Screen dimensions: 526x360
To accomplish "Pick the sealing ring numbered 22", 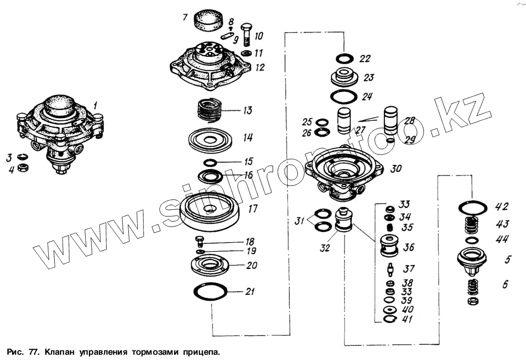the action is pos(345,58).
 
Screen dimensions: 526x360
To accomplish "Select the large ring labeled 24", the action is pos(344,97).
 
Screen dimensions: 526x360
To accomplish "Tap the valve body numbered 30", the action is pos(346,171).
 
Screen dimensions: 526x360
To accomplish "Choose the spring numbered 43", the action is pos(473,225).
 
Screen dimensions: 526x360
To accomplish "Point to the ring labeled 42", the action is pos(472,207).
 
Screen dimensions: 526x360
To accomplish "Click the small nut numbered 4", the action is pos(23,168).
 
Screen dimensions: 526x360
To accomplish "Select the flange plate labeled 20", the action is pos(209,264).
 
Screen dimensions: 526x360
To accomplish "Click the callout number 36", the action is pos(408,246).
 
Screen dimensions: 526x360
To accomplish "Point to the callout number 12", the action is pos(259,68).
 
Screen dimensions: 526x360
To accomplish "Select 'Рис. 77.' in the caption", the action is pos(23,351).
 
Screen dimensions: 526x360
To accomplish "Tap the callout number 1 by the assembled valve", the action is pos(95,106).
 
